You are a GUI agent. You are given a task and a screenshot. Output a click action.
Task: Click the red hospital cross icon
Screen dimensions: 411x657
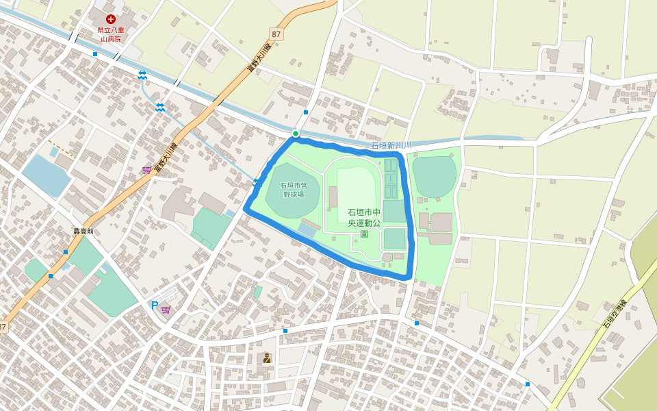110,19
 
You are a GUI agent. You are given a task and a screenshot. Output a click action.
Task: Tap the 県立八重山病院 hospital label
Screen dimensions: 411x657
110,34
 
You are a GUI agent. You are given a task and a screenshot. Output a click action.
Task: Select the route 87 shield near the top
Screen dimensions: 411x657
276,34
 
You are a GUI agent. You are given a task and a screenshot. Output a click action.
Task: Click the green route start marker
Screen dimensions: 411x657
296,134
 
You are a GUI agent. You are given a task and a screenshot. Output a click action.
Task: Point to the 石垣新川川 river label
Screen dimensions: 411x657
391,146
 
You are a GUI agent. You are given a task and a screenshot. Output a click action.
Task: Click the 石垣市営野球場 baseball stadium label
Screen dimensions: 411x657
294,190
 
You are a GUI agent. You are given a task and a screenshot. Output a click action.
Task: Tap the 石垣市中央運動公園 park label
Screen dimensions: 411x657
363,223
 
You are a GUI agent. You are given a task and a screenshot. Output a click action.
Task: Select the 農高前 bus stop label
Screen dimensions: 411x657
83,232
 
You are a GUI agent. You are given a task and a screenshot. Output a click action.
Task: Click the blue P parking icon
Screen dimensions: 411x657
154,306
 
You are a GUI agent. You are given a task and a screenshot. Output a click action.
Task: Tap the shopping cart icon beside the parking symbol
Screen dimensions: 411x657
166,310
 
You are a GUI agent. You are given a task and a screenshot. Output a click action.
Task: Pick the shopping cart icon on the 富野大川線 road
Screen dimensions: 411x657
146,170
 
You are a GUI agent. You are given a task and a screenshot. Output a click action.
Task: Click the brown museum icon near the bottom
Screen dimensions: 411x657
267,358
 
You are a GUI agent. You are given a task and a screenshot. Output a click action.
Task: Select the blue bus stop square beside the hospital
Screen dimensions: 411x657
95,53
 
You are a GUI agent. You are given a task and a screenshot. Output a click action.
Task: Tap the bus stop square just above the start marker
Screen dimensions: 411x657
305,112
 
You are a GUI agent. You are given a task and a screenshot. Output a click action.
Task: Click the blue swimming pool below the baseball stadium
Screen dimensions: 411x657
307,231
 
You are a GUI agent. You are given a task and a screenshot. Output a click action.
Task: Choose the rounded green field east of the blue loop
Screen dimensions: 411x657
434,176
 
